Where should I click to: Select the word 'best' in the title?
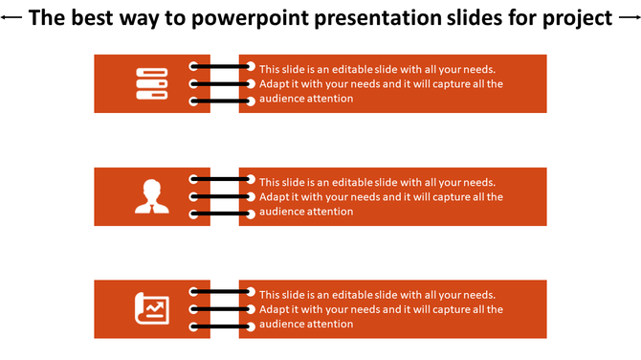[x=98, y=18]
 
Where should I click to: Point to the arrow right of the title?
[x=628, y=18]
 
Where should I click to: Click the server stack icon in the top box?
[x=151, y=83]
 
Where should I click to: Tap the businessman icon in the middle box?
[x=151, y=196]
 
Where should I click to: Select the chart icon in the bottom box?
[x=151, y=308]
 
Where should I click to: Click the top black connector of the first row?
[x=222, y=67]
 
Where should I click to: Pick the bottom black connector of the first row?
[x=222, y=101]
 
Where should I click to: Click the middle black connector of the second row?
[x=222, y=196]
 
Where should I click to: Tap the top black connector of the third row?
[x=222, y=292]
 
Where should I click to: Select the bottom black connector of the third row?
[x=222, y=326]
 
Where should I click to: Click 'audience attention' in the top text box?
[x=306, y=99]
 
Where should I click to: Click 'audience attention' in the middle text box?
[x=306, y=212]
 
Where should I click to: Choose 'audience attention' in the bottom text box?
[x=306, y=324]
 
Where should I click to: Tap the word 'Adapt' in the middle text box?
[x=275, y=196]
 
